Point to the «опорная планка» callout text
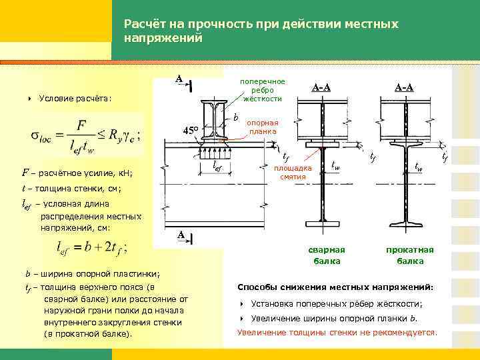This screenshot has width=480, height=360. tap(263, 127)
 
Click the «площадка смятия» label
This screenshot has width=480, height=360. tap(293, 173)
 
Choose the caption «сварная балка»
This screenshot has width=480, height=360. tap(327, 255)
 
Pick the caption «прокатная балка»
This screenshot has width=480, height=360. tap(409, 255)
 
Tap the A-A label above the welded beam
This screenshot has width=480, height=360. tap(323, 87)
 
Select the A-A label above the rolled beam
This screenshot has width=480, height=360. tap(403, 87)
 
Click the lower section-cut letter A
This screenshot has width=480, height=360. tap(180, 235)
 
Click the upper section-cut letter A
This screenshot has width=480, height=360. tap(179, 79)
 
